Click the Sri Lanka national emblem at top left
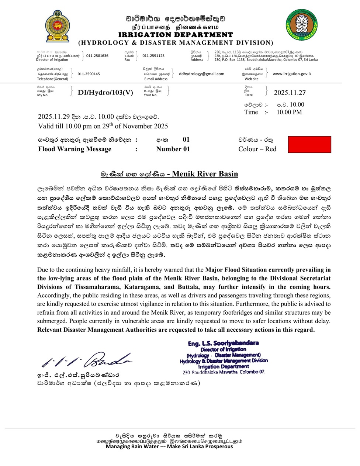57,27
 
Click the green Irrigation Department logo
301,25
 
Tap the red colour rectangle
309,144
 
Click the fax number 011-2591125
153,56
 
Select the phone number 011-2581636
97,56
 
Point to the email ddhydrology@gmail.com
201,74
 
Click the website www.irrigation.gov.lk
292,74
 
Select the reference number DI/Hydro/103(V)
105,93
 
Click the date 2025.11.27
290,93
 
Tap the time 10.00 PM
289,112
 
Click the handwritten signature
87,359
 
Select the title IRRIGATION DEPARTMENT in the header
176,35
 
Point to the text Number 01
173,149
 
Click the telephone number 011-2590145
89,74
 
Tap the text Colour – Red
257,149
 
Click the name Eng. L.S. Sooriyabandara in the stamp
223,343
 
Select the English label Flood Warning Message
75,149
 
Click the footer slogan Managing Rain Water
169,446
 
